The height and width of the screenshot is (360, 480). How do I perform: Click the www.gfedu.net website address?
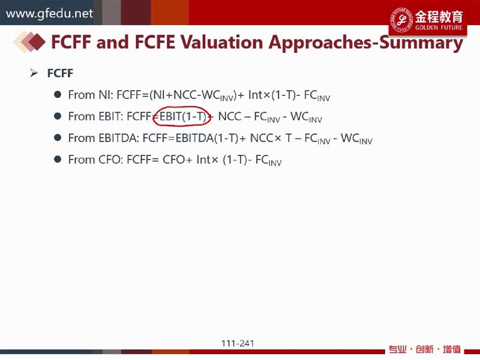[49, 13]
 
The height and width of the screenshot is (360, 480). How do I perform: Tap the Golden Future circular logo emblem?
[401, 19]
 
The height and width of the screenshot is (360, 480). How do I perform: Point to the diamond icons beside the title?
[29, 42]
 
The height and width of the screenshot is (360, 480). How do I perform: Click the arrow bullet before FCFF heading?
[34, 73]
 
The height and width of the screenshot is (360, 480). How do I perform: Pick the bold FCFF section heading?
[61, 73]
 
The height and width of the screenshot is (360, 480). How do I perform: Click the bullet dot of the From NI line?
[57, 94]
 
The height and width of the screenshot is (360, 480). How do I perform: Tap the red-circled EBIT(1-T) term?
[182, 116]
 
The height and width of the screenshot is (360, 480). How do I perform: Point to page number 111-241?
[238, 343]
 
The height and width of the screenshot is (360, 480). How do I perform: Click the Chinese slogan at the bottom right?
[425, 349]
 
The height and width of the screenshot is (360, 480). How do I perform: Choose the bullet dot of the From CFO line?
[57, 159]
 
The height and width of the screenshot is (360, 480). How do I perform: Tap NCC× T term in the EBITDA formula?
[271, 138]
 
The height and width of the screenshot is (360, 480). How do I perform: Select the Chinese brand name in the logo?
[439, 17]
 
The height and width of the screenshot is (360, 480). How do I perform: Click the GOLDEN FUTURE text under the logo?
[439, 27]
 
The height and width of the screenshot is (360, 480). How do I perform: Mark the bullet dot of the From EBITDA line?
[57, 137]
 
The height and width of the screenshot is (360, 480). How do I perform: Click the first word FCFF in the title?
[71, 42]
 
